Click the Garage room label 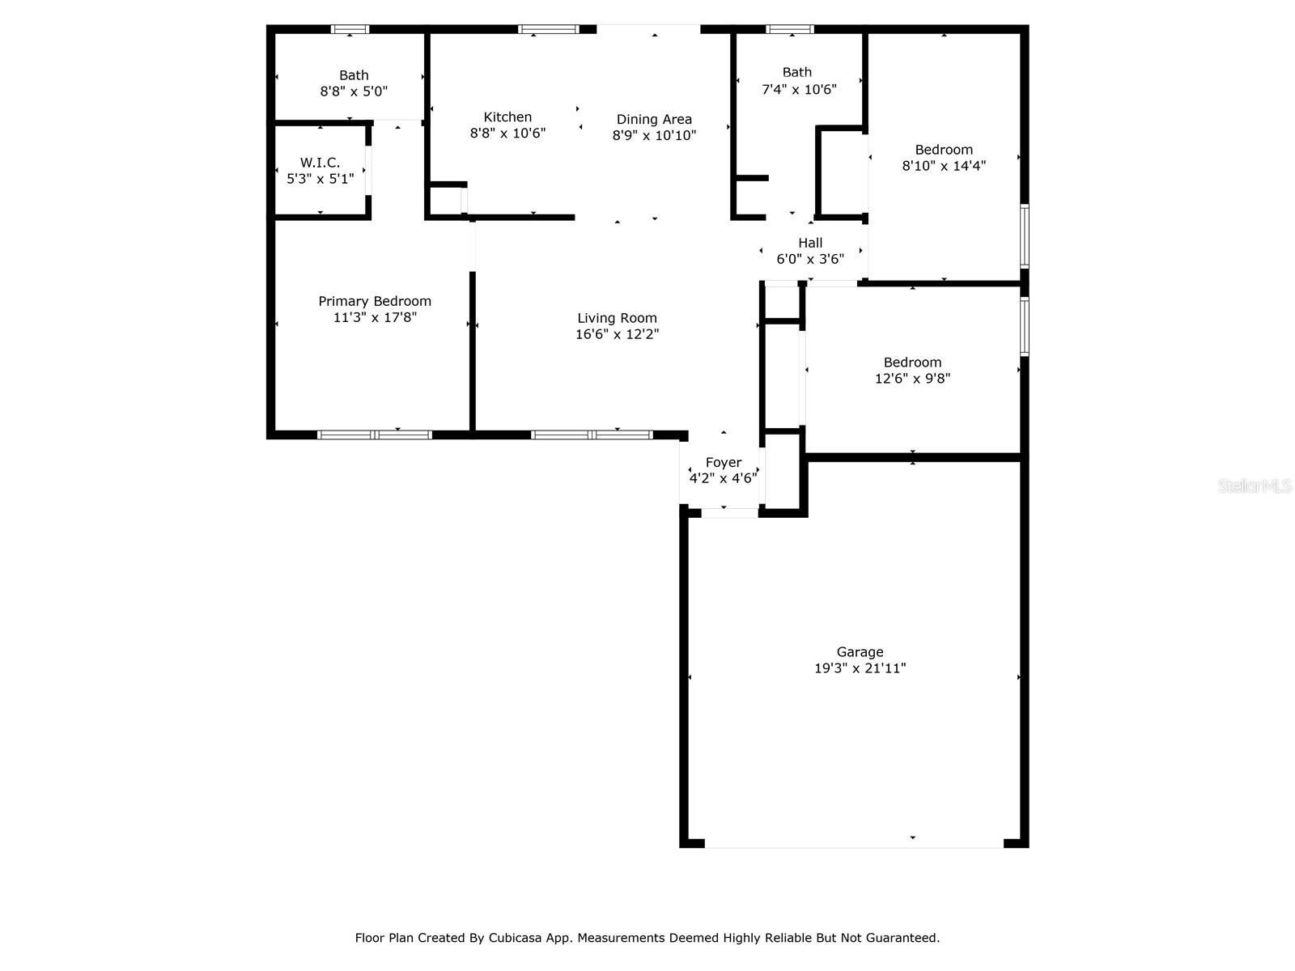pos(860,652)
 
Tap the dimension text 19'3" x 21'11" pos(860,668)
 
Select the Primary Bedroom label pos(375,301)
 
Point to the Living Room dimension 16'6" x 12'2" pos(617,334)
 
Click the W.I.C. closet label pos(320,163)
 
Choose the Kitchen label pos(507,117)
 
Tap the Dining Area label pos(654,120)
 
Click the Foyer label pos(723,463)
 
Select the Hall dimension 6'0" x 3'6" pos(810,259)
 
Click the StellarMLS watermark pos(1254,486)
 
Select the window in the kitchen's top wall pos(548,29)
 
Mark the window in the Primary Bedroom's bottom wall pos(374,435)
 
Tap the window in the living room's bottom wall pos(591,435)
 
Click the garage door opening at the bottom pos(854,846)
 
